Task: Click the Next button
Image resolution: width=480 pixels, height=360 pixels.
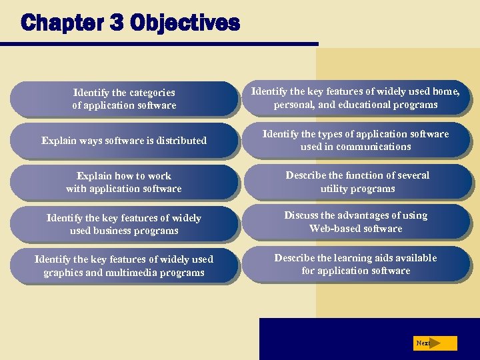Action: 435,343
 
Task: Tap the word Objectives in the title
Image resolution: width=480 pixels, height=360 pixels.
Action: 184,23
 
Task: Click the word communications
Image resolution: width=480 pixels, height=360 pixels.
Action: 375,147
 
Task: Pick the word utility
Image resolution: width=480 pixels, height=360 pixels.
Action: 335,189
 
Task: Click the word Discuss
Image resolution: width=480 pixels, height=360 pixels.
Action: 302,215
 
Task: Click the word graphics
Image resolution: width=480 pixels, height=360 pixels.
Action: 67,273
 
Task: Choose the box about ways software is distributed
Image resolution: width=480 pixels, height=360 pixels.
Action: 124,141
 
